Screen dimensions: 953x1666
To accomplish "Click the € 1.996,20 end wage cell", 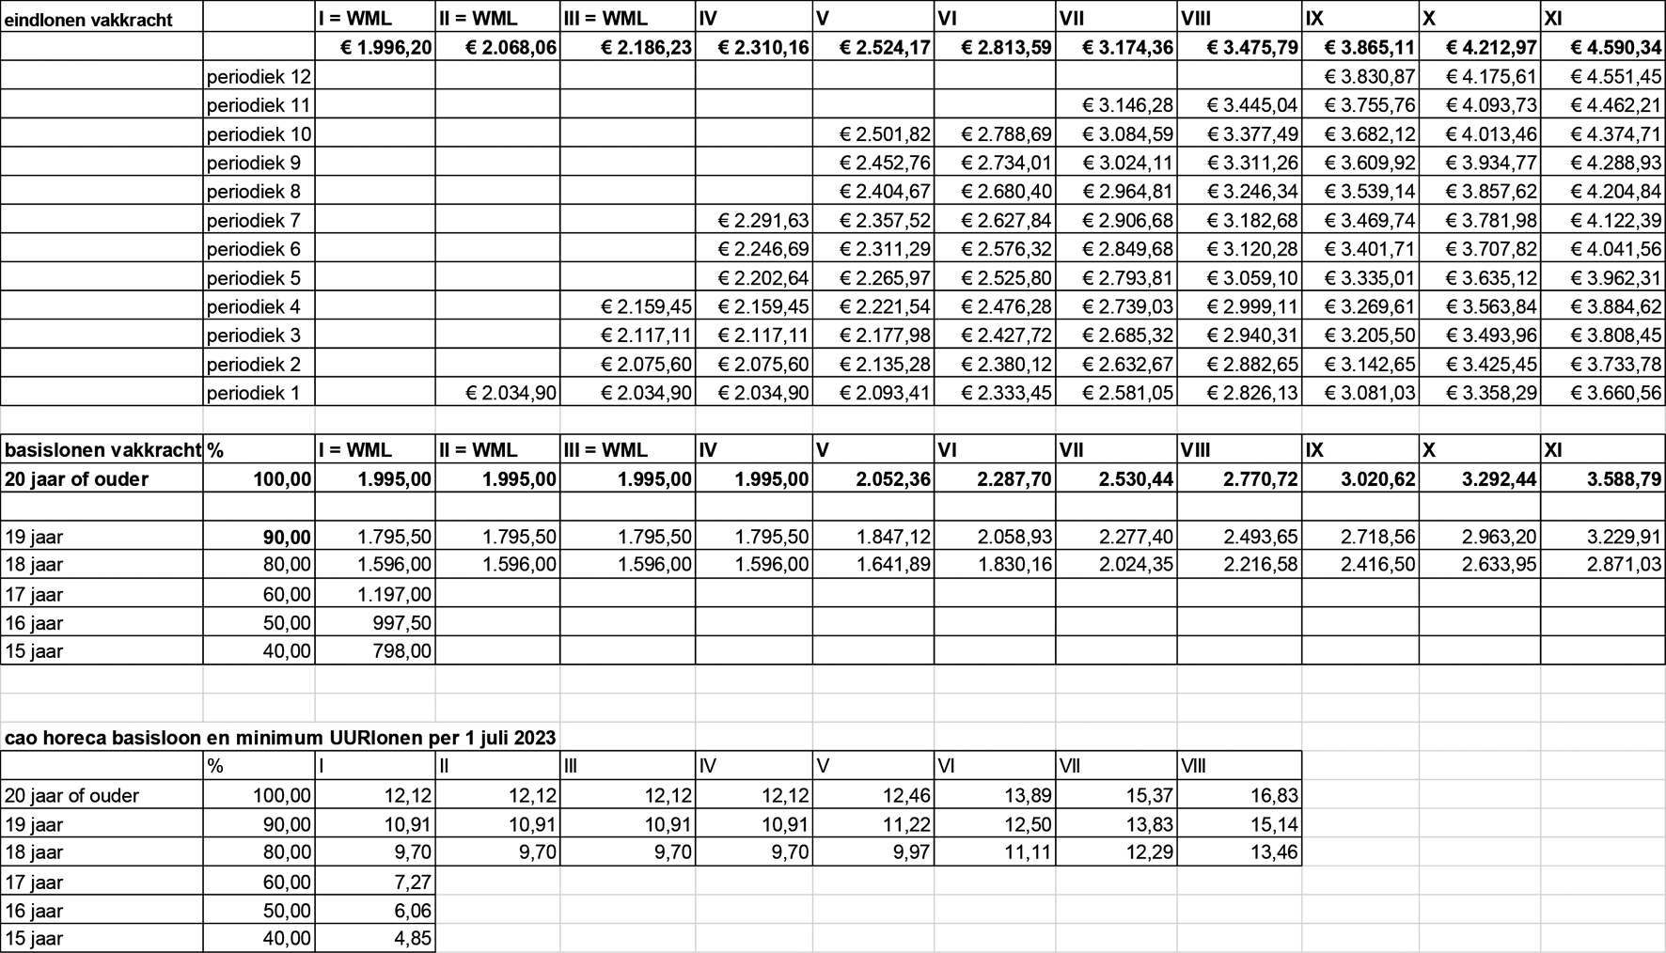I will click(385, 47).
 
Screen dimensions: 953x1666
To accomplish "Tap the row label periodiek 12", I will click(258, 76).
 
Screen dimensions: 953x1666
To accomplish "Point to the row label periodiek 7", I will click(253, 220).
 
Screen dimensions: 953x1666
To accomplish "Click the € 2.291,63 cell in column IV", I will click(762, 220).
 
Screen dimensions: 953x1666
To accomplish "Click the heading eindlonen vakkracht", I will click(88, 19).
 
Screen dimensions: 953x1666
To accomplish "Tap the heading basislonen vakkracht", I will click(102, 449).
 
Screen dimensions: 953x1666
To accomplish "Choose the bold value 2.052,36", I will click(893, 478).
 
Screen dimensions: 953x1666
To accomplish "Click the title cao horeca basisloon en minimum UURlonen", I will click(280, 737).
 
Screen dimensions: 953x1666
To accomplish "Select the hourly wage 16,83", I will click(1274, 795).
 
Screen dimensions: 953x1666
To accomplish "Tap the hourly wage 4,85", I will click(411, 938).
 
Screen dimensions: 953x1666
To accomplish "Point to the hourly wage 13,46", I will click(1274, 852).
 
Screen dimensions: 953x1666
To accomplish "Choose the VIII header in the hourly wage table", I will click(1193, 766).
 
